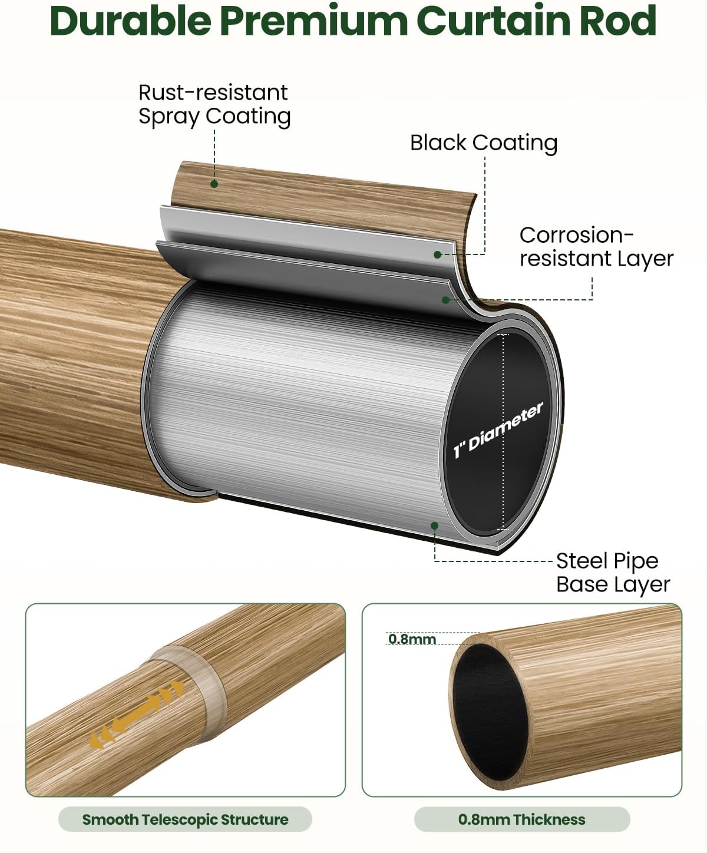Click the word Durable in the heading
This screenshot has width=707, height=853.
coord(131,21)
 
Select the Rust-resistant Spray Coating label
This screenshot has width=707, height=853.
coord(214,104)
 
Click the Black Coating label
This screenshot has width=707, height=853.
coord(483,143)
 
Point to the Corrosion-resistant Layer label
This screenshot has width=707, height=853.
coord(596,247)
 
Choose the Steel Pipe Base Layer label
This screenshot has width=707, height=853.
coord(613,573)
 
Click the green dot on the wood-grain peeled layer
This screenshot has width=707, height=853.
coord(214,184)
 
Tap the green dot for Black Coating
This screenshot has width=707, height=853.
coord(438,254)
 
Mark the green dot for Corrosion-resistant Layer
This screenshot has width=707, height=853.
coord(446,300)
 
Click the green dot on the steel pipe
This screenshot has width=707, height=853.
coord(435,524)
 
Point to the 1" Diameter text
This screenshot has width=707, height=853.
coord(498,431)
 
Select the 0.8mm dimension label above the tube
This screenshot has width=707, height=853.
coord(412,639)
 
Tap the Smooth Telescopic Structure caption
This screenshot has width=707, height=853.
coord(185,819)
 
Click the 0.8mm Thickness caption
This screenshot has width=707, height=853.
coord(521,819)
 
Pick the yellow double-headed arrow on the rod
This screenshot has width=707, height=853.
coord(137,713)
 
